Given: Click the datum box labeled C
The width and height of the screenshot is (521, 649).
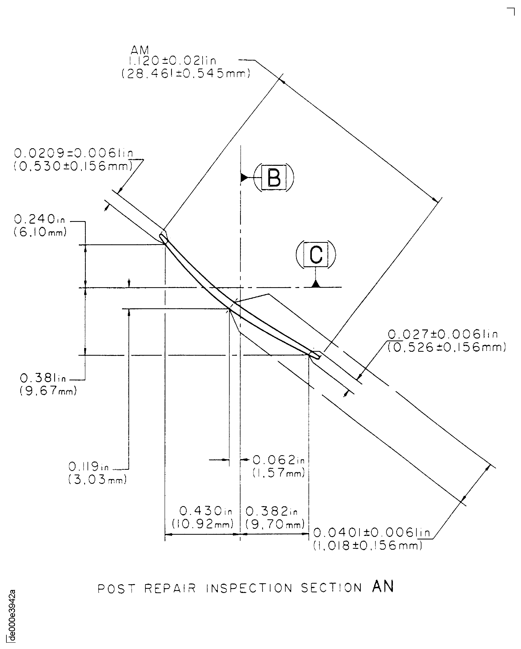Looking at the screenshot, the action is (316, 254).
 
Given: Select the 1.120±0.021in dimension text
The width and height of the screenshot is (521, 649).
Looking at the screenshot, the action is (172, 61).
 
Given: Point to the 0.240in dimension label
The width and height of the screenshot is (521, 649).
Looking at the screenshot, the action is (39, 219).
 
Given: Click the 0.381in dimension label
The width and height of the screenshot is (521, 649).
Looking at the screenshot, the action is (43, 378).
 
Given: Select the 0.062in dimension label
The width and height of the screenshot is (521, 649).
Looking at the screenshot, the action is (279, 460).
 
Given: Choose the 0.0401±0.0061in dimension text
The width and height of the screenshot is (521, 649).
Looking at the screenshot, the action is (372, 533).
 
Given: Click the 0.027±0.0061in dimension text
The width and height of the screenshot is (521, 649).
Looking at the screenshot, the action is (443, 334).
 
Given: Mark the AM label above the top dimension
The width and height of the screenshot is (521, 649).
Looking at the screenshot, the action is (140, 50).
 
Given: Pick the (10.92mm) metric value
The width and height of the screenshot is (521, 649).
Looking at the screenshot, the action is (203, 524).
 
